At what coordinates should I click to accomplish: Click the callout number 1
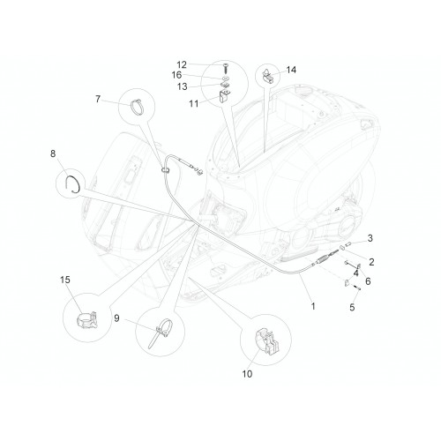(313, 306)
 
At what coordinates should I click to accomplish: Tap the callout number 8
(53, 153)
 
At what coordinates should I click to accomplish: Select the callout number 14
(291, 70)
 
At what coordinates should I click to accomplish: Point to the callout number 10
(247, 374)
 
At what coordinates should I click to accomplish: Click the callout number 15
(65, 280)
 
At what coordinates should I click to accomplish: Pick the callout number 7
(98, 99)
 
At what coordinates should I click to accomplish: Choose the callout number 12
(182, 64)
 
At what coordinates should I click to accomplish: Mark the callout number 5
(352, 308)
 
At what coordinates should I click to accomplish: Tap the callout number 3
(370, 238)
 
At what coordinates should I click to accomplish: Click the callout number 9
(116, 318)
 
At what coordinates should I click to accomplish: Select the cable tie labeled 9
(160, 333)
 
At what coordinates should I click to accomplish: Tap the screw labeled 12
(226, 68)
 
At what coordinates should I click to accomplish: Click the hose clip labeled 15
(87, 320)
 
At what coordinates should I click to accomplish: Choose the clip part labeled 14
(267, 77)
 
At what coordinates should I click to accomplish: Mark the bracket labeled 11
(225, 95)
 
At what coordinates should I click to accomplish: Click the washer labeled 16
(226, 78)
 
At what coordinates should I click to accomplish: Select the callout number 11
(194, 103)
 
